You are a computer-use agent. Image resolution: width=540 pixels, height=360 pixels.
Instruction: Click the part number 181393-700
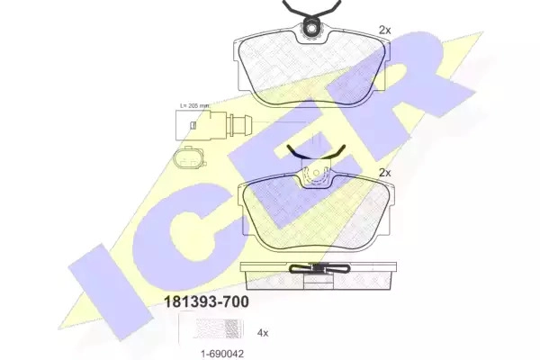click(x=206, y=301)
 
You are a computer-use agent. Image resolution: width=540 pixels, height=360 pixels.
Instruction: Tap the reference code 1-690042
click(x=222, y=354)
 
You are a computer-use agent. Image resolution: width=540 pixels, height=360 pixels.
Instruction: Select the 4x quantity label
click(x=263, y=333)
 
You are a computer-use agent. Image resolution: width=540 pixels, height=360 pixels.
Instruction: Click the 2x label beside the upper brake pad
click(x=385, y=31)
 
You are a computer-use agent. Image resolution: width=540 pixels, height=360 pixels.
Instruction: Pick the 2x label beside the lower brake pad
click(x=385, y=173)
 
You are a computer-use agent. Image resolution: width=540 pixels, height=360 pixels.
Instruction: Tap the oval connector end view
click(x=189, y=158)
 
